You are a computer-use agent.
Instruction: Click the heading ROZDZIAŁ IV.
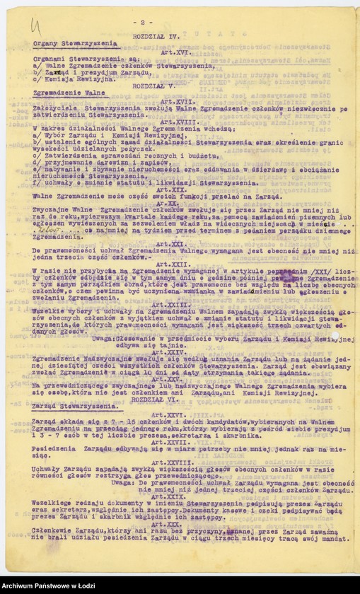click(x=156, y=34)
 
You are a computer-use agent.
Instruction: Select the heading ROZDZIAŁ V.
click(x=157, y=83)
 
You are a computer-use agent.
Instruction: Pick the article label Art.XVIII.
click(x=180, y=122)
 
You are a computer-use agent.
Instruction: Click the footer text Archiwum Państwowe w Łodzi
click(x=48, y=586)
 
